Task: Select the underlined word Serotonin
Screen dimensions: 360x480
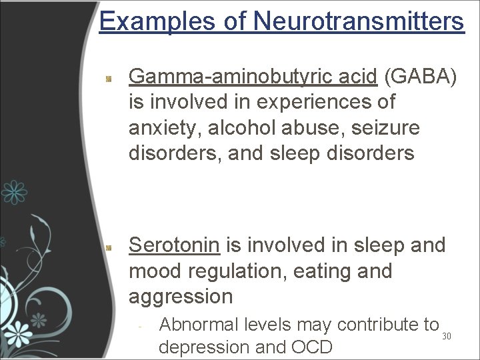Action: pos(174,245)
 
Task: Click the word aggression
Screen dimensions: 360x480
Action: pos(181,297)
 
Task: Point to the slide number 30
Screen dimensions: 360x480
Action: pos(447,336)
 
